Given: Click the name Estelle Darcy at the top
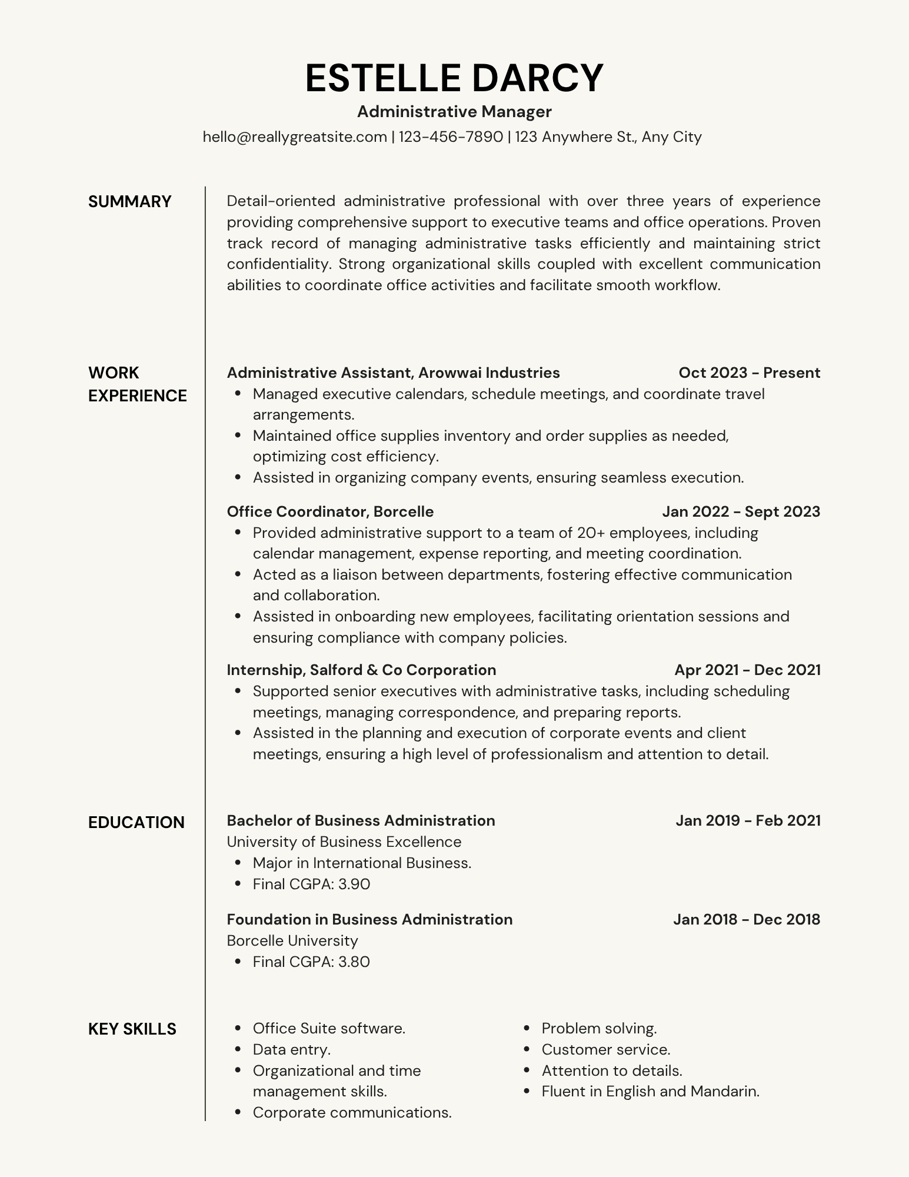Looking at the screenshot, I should pyautogui.click(x=454, y=78).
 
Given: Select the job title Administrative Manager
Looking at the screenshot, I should pyautogui.click(x=454, y=111).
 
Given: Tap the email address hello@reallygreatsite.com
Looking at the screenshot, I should pyautogui.click(x=295, y=137).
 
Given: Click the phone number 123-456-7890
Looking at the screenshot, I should pyautogui.click(x=451, y=137).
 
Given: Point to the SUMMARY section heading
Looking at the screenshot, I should pyautogui.click(x=129, y=202).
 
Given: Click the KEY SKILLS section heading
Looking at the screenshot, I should pyautogui.click(x=132, y=1029).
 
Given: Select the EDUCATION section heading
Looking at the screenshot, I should pyautogui.click(x=136, y=822).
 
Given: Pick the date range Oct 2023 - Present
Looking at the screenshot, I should pyautogui.click(x=749, y=373).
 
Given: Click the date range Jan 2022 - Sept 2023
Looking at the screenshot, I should pyautogui.click(x=741, y=511).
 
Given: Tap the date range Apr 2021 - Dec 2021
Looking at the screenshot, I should pyautogui.click(x=747, y=670).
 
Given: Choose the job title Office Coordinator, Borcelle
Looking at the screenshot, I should pyautogui.click(x=330, y=511).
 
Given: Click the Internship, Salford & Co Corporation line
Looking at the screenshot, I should pyautogui.click(x=361, y=670).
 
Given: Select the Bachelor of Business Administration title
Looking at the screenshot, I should pyautogui.click(x=361, y=820).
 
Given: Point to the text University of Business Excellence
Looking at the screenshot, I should pyautogui.click(x=344, y=842).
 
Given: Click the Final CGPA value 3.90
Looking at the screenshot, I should pyautogui.click(x=354, y=884).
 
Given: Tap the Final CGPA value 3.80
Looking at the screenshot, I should pyautogui.click(x=354, y=962).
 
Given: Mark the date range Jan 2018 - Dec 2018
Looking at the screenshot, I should pyautogui.click(x=747, y=919).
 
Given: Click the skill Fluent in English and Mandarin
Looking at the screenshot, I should pyautogui.click(x=650, y=1092).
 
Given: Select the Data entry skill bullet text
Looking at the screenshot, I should pyautogui.click(x=291, y=1049).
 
